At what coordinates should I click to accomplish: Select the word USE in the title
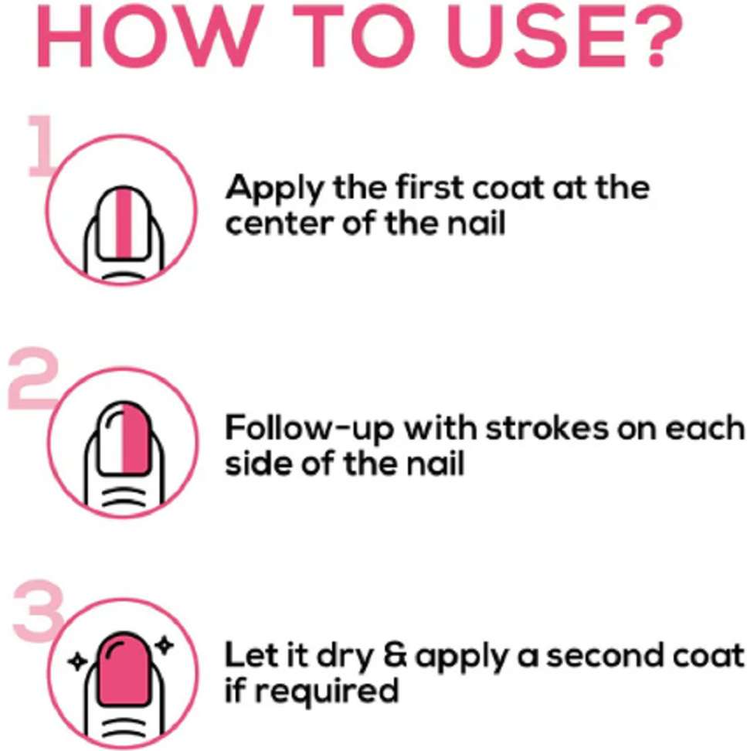tap(535, 36)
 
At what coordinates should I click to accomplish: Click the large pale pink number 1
tap(42, 145)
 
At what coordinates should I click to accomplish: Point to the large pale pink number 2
tap(33, 379)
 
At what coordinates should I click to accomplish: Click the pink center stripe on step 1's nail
tap(124, 223)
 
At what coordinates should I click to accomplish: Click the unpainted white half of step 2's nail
tap(110, 438)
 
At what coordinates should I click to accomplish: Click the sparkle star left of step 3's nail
tap(77, 662)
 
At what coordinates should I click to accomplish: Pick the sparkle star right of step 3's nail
tap(165, 644)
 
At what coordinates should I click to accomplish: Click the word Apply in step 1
tap(275, 189)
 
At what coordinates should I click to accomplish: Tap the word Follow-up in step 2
tap(309, 428)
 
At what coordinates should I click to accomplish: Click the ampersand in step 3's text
tap(395, 655)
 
